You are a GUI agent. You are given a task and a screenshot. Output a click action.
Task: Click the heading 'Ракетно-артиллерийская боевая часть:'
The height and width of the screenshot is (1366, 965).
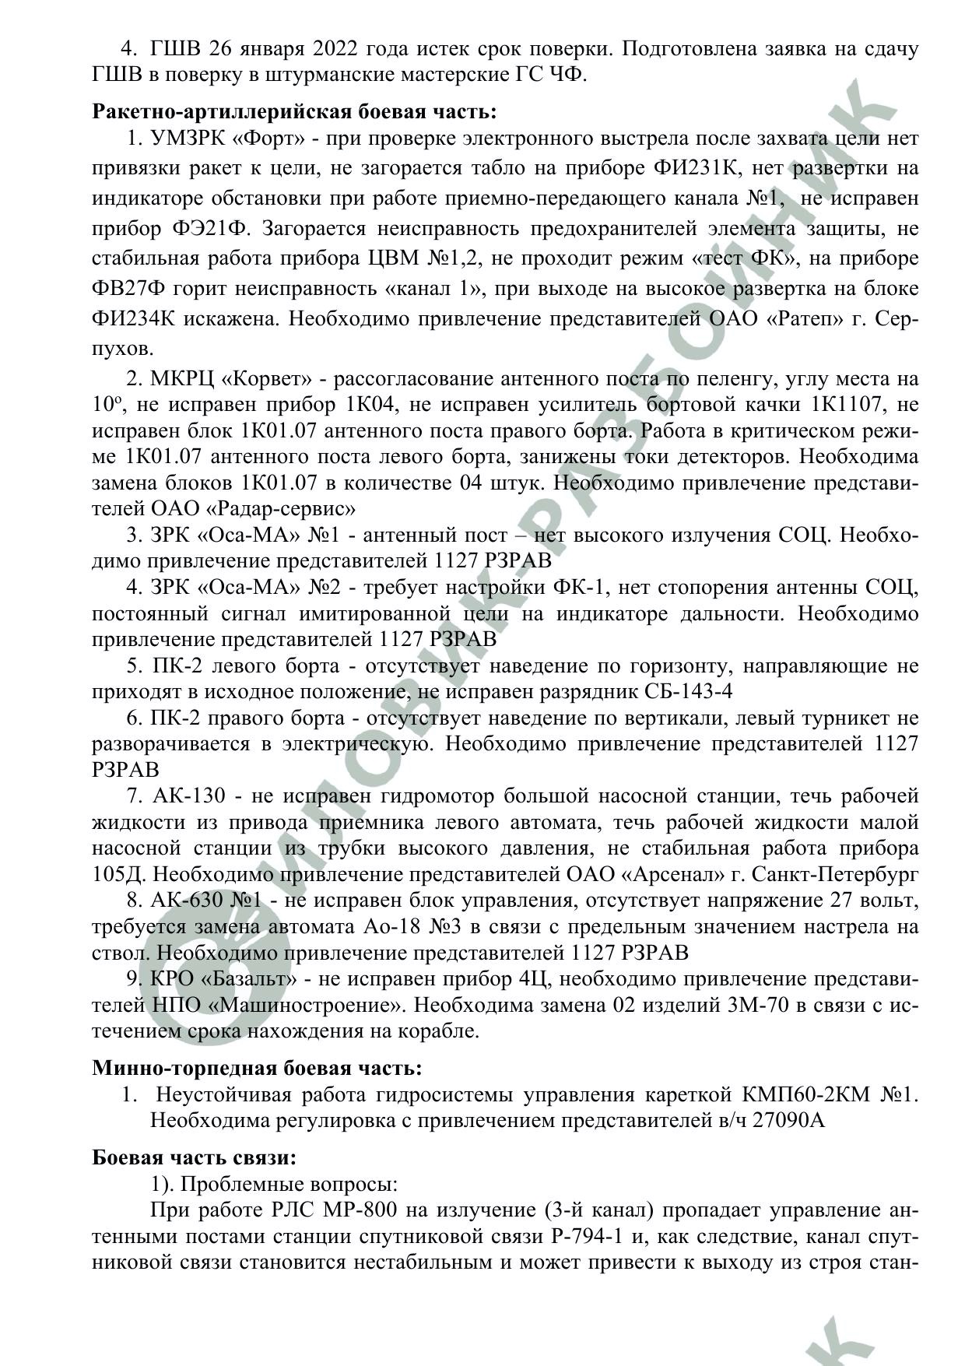coord(294,111)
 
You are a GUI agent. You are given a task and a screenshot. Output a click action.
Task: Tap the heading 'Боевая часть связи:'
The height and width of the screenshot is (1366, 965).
coord(194,1157)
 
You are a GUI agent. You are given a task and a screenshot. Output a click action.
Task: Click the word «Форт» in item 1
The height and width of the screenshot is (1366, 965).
coord(272,139)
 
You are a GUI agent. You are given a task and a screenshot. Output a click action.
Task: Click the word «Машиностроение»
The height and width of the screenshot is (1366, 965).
coord(307,1005)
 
